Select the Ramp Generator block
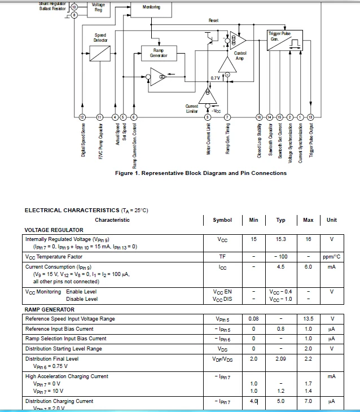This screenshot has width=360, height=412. click(x=159, y=52)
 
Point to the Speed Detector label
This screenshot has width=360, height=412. click(x=100, y=38)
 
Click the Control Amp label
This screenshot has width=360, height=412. click(x=240, y=55)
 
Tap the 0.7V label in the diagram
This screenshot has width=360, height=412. click(x=215, y=77)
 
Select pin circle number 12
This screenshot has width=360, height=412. click(x=82, y=117)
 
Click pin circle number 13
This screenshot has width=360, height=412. click(x=310, y=117)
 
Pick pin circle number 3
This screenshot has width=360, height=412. click(x=208, y=117)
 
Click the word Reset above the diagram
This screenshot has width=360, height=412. click(x=213, y=20)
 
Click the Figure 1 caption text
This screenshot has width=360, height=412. click(x=200, y=173)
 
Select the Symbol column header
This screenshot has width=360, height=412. click(x=222, y=220)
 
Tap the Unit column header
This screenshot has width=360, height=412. click(x=332, y=220)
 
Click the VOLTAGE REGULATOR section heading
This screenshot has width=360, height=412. click(x=54, y=230)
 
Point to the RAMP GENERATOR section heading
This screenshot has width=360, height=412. click(x=50, y=309)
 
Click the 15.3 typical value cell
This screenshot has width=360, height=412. click(x=280, y=239)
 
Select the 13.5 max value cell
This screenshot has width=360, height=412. click(x=308, y=319)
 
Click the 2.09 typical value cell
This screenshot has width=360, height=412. click(x=280, y=358)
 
